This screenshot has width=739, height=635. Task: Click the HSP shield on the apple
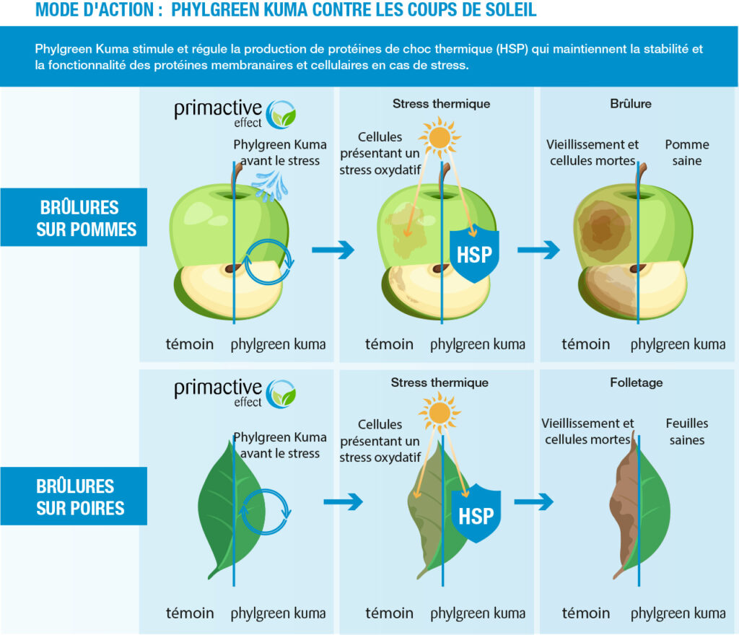click(x=474, y=254)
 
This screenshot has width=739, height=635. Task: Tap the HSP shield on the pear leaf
click(x=476, y=514)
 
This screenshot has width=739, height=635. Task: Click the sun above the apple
click(x=440, y=138)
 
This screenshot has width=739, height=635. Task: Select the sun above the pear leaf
click(x=440, y=413)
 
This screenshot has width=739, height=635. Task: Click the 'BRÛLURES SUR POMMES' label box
click(x=74, y=217)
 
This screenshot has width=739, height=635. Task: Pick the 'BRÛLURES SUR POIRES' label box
click(x=74, y=496)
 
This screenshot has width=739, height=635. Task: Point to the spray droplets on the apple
click(x=270, y=185)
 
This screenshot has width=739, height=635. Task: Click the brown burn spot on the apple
click(x=604, y=228)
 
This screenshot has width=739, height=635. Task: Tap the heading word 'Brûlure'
click(x=631, y=104)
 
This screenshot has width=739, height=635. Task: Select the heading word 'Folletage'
click(x=637, y=382)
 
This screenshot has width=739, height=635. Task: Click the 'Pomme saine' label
click(x=687, y=153)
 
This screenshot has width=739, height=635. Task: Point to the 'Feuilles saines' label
click(x=687, y=432)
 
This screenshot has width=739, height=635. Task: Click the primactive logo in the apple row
click(x=235, y=114)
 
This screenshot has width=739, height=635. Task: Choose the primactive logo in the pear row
click(x=235, y=393)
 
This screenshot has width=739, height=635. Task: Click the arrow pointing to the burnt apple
click(x=538, y=250)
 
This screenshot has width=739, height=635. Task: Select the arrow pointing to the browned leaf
click(x=533, y=502)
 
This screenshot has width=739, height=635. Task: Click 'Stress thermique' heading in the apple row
click(x=441, y=104)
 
